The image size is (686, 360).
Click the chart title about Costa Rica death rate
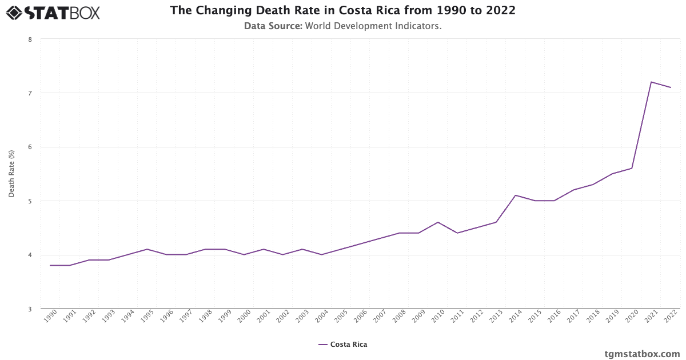(x=343, y=11)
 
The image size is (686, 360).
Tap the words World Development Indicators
(x=373, y=26)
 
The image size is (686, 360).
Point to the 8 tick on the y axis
(x=29, y=39)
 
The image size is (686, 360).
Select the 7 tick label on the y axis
(x=29, y=93)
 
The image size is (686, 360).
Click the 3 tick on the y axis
(x=29, y=309)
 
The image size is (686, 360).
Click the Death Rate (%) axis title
(x=11, y=174)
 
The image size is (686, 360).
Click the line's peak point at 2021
(x=651, y=82)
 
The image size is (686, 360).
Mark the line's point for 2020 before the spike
(x=632, y=168)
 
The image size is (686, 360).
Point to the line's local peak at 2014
(x=516, y=195)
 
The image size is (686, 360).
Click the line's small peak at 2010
(x=438, y=222)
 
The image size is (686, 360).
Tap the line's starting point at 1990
(x=50, y=265)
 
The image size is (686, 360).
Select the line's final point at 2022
(x=671, y=87)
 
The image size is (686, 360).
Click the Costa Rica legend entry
(x=343, y=345)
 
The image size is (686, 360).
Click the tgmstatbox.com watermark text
(x=642, y=354)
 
